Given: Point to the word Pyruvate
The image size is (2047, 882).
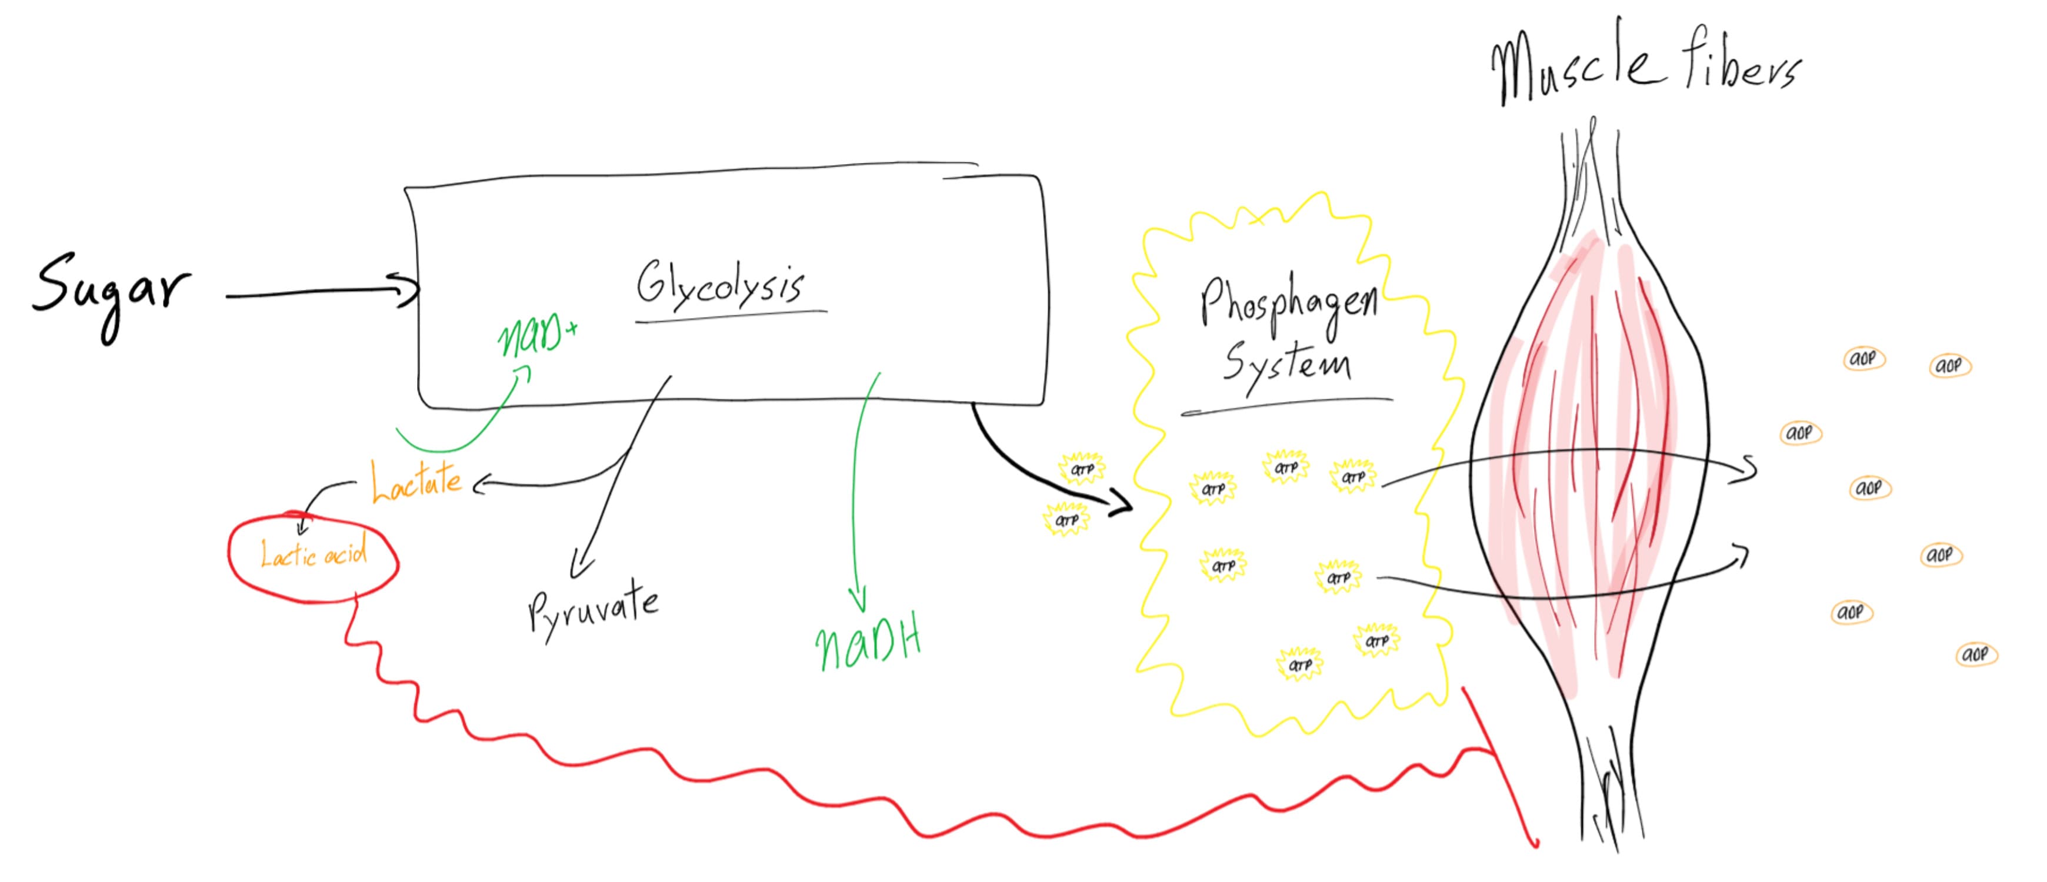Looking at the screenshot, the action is (594, 613).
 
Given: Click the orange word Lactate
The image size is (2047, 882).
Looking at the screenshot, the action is (416, 481).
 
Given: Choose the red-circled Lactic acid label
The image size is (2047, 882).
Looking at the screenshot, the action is (314, 553).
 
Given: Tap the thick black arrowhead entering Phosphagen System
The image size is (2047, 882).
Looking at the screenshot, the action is (1122, 503).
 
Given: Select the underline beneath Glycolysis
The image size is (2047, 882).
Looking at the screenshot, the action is (731, 316).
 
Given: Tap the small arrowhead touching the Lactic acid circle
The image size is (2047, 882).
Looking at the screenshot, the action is (301, 525).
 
